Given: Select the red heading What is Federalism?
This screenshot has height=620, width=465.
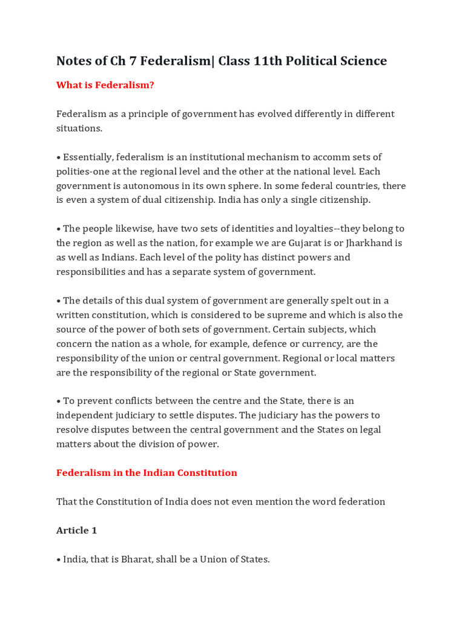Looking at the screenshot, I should point(105,85).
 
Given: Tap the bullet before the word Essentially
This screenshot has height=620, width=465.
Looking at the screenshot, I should point(59,157).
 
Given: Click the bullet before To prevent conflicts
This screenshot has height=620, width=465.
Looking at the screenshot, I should point(59,401).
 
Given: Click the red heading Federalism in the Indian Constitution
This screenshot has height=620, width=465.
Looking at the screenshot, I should point(147,473).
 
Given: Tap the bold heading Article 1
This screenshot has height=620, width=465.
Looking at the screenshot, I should point(77,530).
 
